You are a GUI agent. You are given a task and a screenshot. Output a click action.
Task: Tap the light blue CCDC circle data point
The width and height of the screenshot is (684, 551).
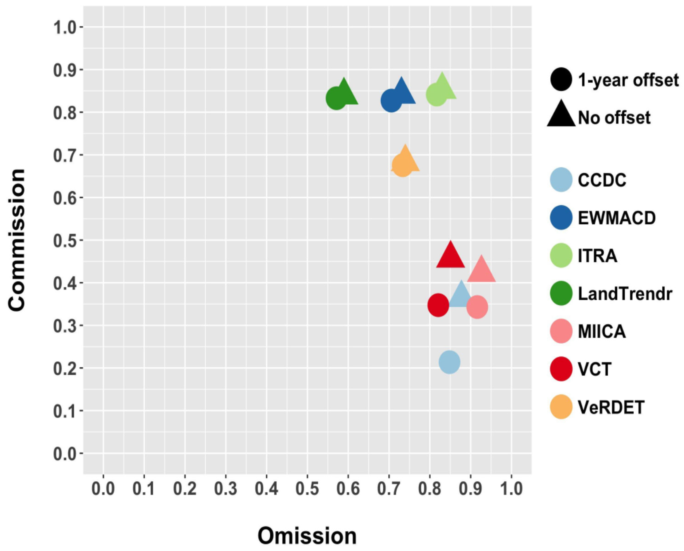click(449, 362)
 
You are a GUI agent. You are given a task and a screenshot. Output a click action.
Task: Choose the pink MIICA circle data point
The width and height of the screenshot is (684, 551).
click(477, 307)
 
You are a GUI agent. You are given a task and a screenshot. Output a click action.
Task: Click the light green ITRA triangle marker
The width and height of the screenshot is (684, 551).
click(443, 88)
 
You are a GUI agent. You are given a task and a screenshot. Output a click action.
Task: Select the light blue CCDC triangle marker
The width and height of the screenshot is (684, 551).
click(461, 295)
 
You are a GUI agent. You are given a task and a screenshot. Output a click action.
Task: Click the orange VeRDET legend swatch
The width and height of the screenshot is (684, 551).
click(561, 407)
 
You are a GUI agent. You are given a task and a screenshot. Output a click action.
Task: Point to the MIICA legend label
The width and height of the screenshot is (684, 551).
click(602, 331)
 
